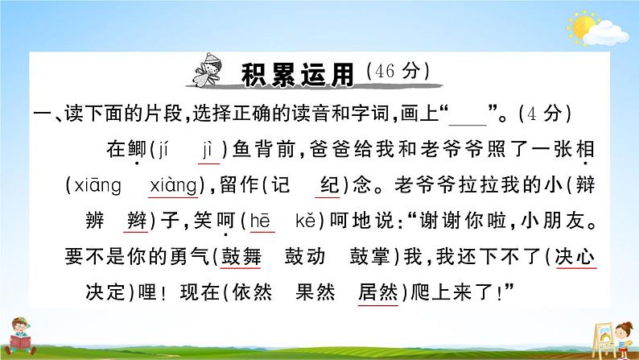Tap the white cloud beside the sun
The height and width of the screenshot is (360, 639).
(x=606, y=34)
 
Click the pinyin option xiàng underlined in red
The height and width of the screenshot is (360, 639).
(x=173, y=186)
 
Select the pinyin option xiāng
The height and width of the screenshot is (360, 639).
(x=98, y=186)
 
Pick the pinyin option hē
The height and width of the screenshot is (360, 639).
(x=260, y=221)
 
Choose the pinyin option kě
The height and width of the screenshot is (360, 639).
(x=306, y=221)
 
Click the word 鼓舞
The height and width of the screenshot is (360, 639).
(x=241, y=257)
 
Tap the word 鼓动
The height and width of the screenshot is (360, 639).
(x=305, y=257)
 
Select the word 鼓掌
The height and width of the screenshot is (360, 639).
(x=369, y=257)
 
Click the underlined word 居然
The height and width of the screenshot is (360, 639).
(x=377, y=292)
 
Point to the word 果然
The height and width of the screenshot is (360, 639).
(x=315, y=292)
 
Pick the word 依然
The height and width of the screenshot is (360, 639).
(x=252, y=292)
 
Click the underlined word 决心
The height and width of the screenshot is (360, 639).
(x=575, y=257)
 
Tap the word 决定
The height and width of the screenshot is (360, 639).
(x=105, y=292)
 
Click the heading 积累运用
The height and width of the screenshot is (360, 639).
(x=298, y=75)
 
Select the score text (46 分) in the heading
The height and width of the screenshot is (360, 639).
(x=398, y=72)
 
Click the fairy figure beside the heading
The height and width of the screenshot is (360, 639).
(x=208, y=70)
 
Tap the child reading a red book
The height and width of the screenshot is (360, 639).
(x=20, y=336)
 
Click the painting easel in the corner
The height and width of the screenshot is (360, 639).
(x=603, y=339)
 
